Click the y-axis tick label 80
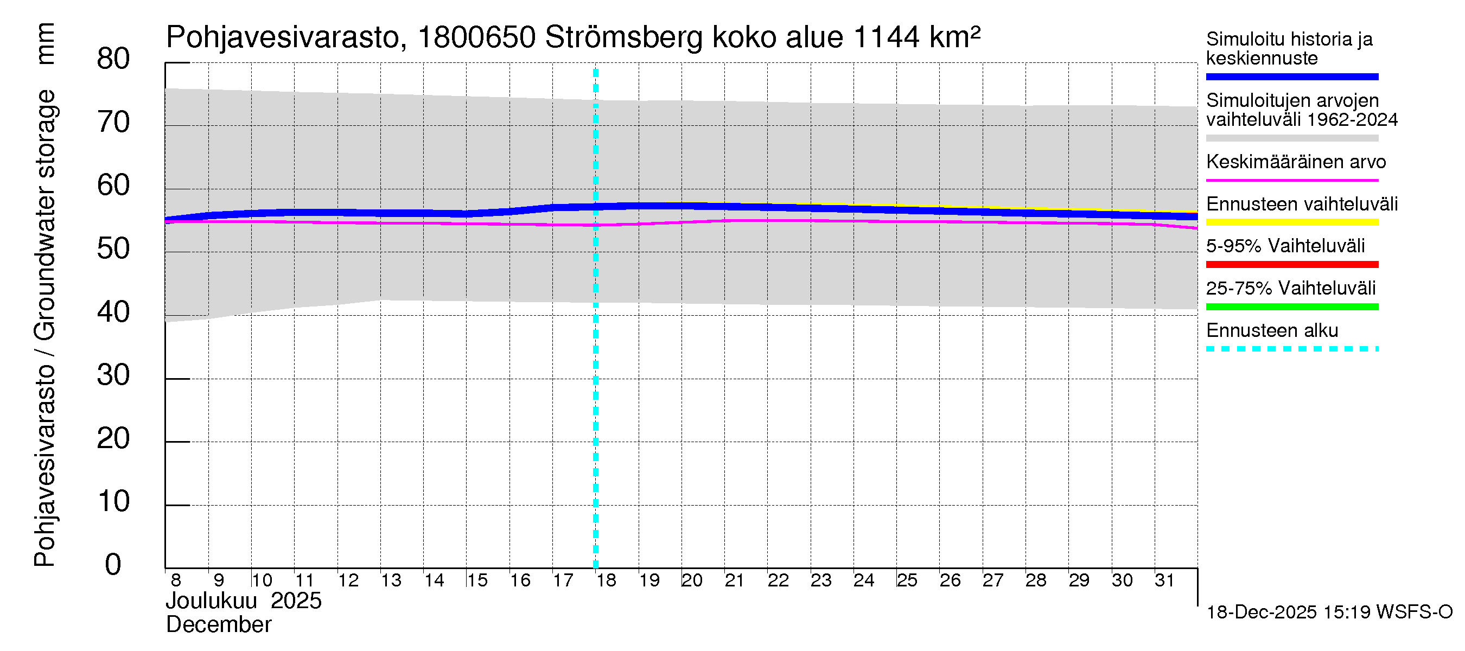tap(113, 59)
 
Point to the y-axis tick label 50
tap(113, 249)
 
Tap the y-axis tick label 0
tap(113, 565)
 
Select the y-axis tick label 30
tap(113, 375)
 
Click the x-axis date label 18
tap(606, 580)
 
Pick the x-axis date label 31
tap(1164, 580)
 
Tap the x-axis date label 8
tap(176, 580)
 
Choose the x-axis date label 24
tap(863, 580)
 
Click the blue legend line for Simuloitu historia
tap(1291, 76)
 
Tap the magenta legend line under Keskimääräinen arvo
tap(1291, 180)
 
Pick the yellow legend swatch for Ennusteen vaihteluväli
tap(1291, 222)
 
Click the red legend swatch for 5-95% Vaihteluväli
tap(1291, 264)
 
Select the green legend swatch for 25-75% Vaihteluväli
tap(1291, 307)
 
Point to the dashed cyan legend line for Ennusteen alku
tap(1291, 349)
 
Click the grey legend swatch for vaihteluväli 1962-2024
tap(1291, 138)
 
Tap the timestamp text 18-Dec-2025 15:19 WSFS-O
tap(1329, 612)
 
